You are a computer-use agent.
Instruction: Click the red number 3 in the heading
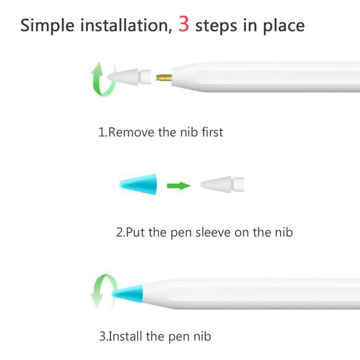(183, 24)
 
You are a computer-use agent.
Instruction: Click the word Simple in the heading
(47, 26)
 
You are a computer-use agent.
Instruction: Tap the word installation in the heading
(126, 25)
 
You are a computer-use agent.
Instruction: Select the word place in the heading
(284, 26)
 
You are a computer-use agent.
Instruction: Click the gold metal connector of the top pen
(164, 78)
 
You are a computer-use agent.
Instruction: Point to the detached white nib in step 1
(129, 77)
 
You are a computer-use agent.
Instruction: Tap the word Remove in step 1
(131, 133)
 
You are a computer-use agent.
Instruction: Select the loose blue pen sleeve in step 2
(138, 185)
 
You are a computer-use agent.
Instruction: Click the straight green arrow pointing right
(179, 186)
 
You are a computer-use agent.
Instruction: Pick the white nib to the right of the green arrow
(222, 185)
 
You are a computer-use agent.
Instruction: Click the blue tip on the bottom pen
(127, 294)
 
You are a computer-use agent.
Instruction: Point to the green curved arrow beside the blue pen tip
(102, 290)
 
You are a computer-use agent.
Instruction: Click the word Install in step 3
(125, 337)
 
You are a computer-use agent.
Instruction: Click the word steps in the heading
(216, 26)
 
